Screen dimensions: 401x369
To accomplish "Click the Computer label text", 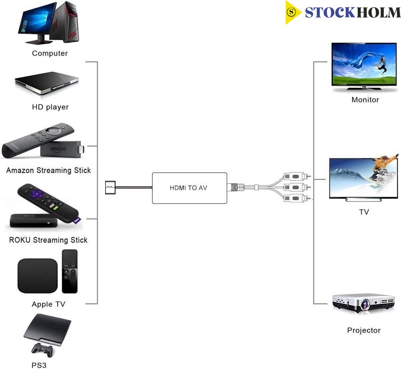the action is [50, 53].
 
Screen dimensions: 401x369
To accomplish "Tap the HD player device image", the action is [47, 83].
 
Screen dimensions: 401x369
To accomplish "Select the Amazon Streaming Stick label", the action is [48, 170].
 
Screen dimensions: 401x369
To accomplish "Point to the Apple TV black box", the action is [38, 276].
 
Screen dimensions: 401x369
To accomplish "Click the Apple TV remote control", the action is [70, 271].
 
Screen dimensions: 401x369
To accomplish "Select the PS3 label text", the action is [39, 365].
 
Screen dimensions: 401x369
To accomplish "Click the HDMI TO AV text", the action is [188, 188].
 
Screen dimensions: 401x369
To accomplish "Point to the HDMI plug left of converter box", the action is [110, 187].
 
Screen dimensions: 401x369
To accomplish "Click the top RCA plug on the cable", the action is [297, 176].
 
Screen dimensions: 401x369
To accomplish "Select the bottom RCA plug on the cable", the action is [297, 198].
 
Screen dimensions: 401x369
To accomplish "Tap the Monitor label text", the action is [365, 100].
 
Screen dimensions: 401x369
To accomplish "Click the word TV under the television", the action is [364, 212].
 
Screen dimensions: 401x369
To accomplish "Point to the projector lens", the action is [364, 304].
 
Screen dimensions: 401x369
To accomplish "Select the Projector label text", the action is [364, 330].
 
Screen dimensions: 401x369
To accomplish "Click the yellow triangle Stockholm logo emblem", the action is [292, 12].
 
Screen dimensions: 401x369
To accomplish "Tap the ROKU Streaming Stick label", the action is [48, 240].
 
